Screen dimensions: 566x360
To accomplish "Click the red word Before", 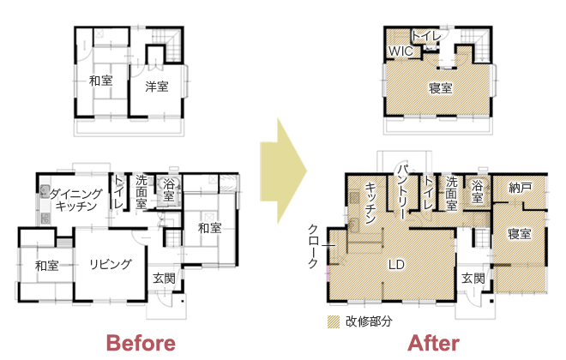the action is point(141,343).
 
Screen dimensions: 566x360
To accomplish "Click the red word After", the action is point(434,343).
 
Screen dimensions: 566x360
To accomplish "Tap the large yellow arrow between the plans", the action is point(283,171).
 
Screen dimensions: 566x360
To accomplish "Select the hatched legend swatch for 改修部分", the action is point(334,321).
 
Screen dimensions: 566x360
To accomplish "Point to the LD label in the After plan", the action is point(396,265).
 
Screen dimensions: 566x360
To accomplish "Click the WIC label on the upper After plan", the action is point(400,51).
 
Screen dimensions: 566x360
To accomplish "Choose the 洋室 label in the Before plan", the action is point(157,87).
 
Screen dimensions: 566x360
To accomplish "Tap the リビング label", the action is point(111,264).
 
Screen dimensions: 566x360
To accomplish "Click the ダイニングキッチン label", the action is point(76,201).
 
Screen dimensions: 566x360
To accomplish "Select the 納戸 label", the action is point(521,187).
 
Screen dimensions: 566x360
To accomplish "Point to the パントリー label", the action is point(404,191).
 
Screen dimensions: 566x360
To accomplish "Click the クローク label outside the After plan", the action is point(313,246).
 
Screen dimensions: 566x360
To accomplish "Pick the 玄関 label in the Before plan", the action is point(164,279).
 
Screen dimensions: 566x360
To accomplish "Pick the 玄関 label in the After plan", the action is point(473,279).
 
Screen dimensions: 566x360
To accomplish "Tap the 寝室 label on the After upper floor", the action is point(441,88).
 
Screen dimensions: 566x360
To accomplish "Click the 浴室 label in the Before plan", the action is point(169,190).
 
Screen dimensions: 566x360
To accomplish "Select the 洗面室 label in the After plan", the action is point(451,193).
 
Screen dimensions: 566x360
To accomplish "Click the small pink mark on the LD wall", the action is point(328,273).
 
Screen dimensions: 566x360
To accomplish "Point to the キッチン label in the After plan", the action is point(371,203).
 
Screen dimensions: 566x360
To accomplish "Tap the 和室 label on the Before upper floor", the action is point(100,81).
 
